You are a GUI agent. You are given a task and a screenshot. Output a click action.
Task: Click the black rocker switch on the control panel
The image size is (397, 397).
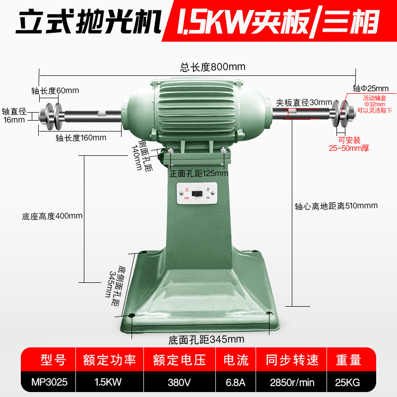197,194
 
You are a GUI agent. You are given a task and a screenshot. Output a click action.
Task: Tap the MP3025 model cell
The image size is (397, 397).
49,382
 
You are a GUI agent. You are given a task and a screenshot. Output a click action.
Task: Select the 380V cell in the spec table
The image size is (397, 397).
179,382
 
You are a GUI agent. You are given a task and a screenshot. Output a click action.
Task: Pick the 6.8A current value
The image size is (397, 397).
235,382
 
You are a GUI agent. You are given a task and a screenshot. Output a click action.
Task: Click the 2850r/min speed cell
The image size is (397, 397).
292,382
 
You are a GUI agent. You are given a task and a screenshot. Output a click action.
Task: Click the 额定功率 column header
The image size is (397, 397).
109,360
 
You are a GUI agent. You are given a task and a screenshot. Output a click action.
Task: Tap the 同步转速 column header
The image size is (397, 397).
292,360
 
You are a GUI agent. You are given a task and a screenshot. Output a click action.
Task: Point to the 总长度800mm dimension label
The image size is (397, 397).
213,67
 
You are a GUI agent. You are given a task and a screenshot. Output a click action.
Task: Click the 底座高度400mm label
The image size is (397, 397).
52,216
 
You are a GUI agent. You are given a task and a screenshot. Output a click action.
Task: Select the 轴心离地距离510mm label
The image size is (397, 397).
336,206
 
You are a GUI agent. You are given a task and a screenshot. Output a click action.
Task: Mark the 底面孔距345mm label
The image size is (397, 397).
206,340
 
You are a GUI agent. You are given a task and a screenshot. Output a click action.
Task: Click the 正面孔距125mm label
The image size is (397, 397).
199,173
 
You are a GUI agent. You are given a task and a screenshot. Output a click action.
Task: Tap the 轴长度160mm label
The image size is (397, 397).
81,138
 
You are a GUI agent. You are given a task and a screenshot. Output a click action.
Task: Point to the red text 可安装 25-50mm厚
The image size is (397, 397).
349,144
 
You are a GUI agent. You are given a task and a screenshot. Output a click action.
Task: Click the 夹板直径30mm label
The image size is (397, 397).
304,103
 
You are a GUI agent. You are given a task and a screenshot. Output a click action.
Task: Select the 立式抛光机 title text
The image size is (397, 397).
88,21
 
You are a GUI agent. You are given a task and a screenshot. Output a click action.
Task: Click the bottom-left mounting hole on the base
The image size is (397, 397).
132,316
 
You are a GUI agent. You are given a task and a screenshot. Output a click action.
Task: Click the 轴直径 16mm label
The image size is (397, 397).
14,115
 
